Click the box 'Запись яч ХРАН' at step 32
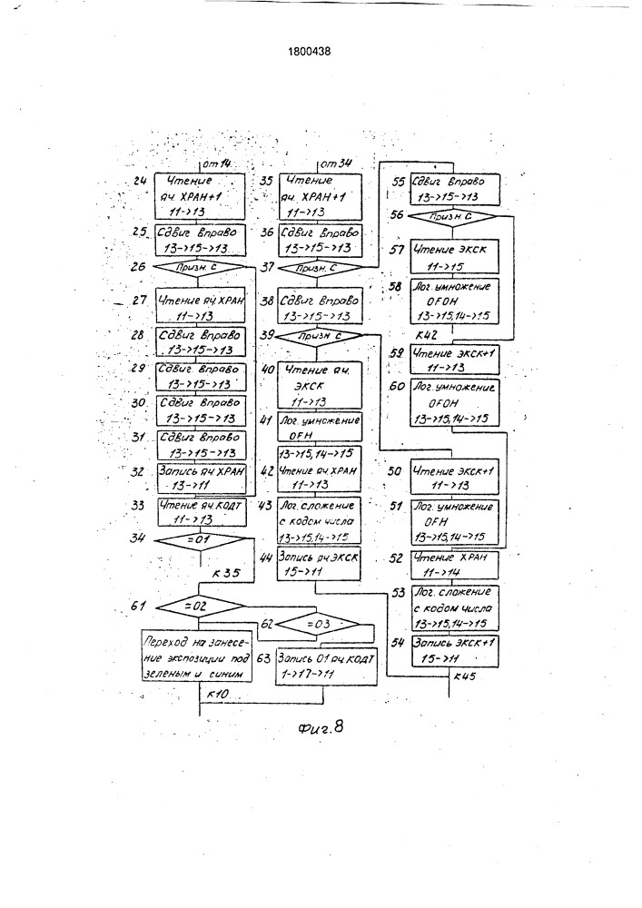pos(199,477)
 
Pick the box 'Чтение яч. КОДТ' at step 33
pos(199,513)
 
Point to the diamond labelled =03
pos(318,625)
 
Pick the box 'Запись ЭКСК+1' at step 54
pos(452,648)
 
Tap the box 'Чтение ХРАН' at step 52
pos(452,565)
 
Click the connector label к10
pos(218,695)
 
